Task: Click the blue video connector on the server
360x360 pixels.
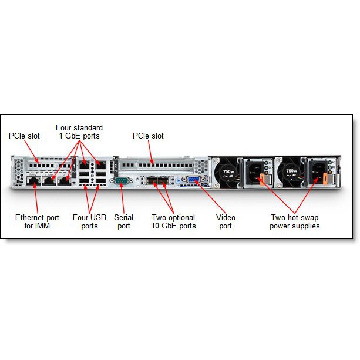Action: point(194,179)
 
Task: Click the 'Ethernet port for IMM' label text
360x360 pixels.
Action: point(37,221)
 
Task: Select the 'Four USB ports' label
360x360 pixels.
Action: point(89,221)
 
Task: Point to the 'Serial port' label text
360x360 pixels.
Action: point(123,221)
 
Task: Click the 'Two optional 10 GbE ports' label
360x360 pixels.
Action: point(174,221)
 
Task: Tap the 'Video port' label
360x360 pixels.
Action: point(226,221)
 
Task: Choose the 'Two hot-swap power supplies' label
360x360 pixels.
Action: point(295,221)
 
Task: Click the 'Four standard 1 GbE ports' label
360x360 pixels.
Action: point(79,132)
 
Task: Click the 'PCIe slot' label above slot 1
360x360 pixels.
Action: point(24,136)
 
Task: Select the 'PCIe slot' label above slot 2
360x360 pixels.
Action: point(148,136)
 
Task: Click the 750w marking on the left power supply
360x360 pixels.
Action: point(228,171)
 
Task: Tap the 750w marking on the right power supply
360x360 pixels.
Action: point(291,171)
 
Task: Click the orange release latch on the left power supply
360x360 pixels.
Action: point(262,179)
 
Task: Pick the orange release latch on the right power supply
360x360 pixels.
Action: point(325,178)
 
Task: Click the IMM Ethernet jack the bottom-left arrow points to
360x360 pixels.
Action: point(33,181)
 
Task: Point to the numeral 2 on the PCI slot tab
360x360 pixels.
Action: point(116,166)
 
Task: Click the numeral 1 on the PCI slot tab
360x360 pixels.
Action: point(74,166)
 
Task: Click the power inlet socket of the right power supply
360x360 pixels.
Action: point(318,171)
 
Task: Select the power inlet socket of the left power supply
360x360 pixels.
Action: point(255,173)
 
